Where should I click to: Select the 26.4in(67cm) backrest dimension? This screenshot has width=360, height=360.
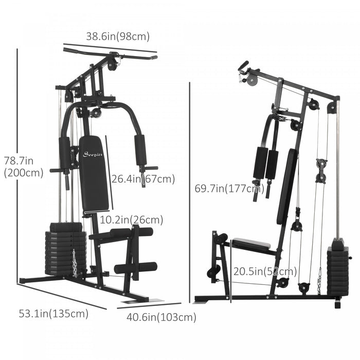143,179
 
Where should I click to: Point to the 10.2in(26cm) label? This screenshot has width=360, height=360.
132,220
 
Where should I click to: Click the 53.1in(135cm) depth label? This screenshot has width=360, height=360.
53,313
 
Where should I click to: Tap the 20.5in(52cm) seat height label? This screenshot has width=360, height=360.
264,271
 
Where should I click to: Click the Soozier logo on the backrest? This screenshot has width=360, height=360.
93,153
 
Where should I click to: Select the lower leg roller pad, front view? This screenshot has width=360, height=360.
135,267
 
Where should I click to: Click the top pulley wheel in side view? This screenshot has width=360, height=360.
250,81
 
